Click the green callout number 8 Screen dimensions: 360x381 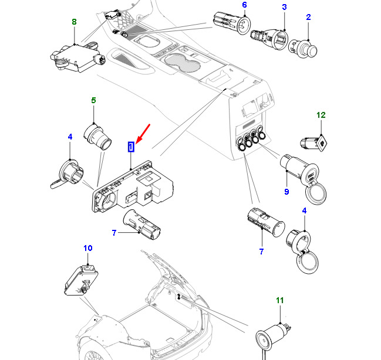[x=74, y=22]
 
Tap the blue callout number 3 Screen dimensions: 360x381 [x=284, y=7]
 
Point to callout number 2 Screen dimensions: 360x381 [x=308, y=18]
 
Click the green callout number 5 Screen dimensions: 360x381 [x=93, y=101]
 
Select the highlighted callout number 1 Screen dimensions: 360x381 [x=131, y=146]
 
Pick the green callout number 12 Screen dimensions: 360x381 [x=321, y=115]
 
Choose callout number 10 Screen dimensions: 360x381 [x=87, y=249]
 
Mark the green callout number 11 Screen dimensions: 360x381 [x=279, y=301]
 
